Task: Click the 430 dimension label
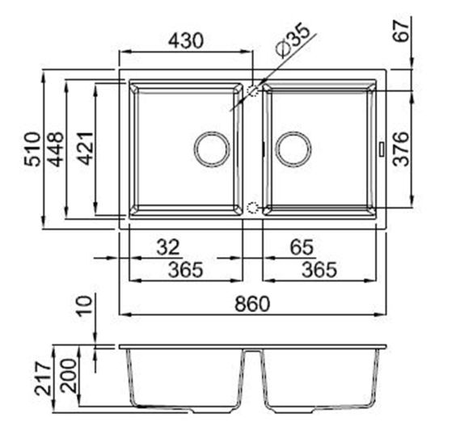185,40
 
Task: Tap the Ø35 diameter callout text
293,41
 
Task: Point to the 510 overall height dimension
32,150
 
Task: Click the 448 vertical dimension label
57,150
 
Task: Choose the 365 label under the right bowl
319,269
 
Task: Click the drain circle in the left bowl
212,149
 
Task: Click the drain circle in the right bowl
293,149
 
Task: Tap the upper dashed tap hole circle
252,91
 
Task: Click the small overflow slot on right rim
383,149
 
